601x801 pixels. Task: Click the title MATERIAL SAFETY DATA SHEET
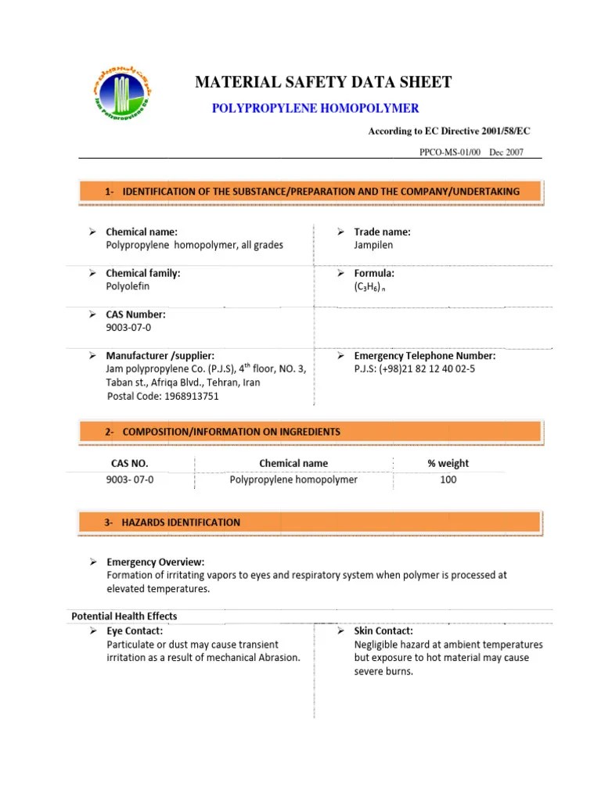(322, 82)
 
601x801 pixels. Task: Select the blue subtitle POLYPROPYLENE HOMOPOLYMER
(315, 108)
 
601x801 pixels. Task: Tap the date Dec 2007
(506, 153)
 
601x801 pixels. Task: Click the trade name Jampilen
(373, 245)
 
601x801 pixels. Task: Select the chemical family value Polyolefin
(127, 286)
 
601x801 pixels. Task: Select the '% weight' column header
(448, 463)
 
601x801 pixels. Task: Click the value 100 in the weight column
(448, 480)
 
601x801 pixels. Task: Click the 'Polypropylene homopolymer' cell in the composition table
(293, 480)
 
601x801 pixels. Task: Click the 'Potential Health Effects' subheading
(124, 616)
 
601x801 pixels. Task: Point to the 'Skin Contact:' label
(383, 630)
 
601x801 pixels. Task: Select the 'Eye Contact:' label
(135, 630)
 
